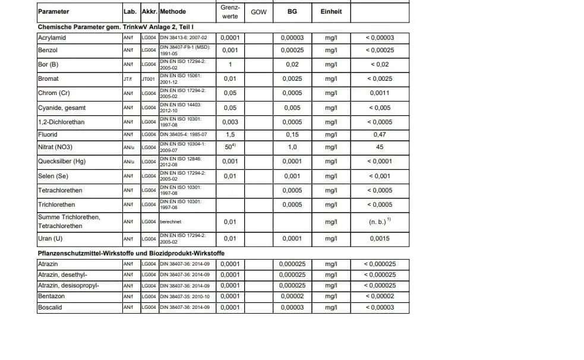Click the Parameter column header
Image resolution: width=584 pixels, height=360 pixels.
(x=53, y=12)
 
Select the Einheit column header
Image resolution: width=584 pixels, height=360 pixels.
(x=331, y=12)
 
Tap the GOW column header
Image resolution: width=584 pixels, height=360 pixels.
(x=259, y=12)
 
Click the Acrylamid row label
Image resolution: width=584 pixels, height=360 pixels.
(x=52, y=38)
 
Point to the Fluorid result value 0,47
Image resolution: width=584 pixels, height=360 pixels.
(x=380, y=135)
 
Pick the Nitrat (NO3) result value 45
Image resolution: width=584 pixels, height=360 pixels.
(x=380, y=147)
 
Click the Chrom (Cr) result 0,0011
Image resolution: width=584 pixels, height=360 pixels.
(x=380, y=93)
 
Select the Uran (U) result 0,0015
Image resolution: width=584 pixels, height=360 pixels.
(x=380, y=239)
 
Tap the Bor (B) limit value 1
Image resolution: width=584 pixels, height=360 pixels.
(x=230, y=65)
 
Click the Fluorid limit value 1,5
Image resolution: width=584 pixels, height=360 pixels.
(x=230, y=135)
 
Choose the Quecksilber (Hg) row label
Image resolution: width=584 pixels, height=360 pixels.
(x=62, y=162)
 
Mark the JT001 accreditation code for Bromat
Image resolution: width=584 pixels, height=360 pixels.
(x=149, y=79)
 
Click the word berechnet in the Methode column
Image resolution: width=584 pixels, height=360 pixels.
(x=171, y=222)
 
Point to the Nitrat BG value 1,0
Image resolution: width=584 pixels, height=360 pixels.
(x=292, y=147)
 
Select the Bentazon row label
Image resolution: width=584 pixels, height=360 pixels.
(x=51, y=296)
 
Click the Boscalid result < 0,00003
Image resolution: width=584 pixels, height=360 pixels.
(x=380, y=308)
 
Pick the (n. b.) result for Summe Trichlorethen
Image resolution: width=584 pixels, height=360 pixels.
(x=379, y=222)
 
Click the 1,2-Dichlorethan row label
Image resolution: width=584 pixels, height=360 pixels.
(x=61, y=122)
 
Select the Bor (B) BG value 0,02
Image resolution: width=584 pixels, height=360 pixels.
(x=292, y=65)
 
